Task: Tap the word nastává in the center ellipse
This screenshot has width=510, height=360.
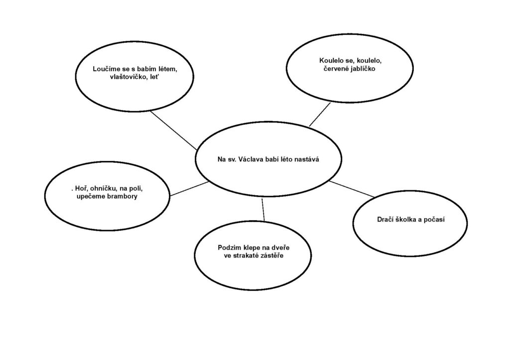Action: coord(307,159)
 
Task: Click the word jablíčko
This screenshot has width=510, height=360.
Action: coord(363,69)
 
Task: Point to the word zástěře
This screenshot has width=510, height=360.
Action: coord(270,255)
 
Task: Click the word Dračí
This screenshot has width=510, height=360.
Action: coord(385,220)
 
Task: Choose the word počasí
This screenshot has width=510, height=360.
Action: coord(434,220)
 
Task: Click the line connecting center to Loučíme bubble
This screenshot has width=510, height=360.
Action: coord(174,130)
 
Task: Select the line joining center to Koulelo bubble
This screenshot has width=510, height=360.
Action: coord(320,115)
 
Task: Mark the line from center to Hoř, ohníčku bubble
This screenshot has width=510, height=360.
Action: coord(189,189)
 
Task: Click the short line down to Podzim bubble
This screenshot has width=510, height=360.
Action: coord(263,210)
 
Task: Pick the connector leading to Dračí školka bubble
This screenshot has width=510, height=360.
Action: coord(351,189)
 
